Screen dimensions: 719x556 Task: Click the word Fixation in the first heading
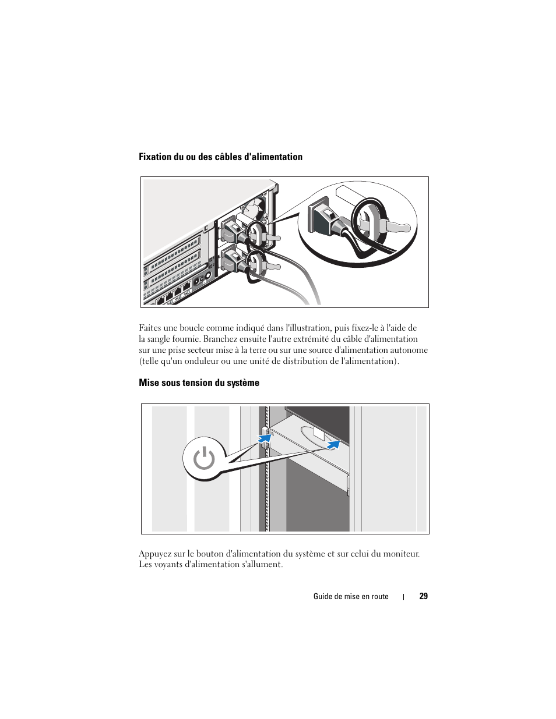(x=155, y=157)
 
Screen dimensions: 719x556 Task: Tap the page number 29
(x=423, y=596)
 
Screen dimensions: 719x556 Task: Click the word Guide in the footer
(x=323, y=596)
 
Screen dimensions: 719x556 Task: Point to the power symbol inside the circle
(x=204, y=459)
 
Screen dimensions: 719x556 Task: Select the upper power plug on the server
(x=232, y=229)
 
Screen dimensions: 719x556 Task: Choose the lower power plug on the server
(x=231, y=259)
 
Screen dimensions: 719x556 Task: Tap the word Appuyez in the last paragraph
(x=155, y=554)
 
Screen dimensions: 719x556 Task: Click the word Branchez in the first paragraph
(x=220, y=339)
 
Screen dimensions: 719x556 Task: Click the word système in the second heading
(x=244, y=382)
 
